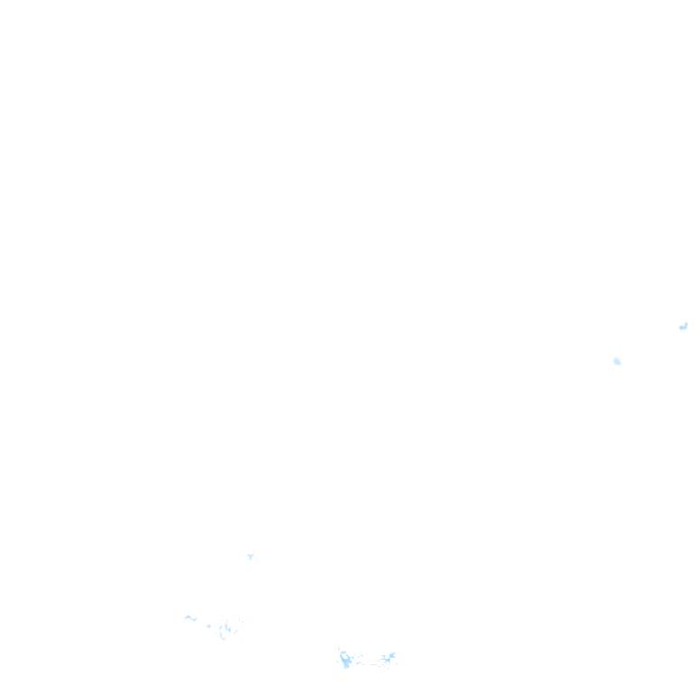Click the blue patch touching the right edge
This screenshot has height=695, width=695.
tap(683, 327)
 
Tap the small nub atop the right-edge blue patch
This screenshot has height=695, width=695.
tap(686, 322)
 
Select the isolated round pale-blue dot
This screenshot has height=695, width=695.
tap(617, 361)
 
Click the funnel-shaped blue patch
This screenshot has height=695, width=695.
tap(250, 557)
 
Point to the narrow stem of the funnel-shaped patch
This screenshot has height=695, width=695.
tap(250, 559)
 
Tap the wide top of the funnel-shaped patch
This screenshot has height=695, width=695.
tap(250, 555)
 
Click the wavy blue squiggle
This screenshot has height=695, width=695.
tap(190, 618)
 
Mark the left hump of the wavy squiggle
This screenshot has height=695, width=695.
tap(187, 617)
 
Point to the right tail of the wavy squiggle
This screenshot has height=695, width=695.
tap(195, 620)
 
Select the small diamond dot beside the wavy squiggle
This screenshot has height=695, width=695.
tap(208, 625)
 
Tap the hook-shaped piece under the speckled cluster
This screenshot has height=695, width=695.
tap(222, 638)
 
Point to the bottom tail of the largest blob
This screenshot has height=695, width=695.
tap(347, 666)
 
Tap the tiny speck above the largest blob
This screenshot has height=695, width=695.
tap(339, 648)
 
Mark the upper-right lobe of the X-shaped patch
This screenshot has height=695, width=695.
tap(394, 652)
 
